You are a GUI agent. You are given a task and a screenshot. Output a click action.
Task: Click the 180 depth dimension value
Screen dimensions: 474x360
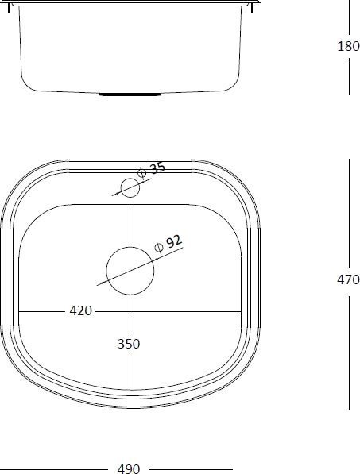pyautogui.click(x=348, y=46)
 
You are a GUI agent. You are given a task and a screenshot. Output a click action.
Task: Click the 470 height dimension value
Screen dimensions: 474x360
pyautogui.click(x=348, y=279)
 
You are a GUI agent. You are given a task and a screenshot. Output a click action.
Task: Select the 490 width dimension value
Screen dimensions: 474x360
pyautogui.click(x=129, y=468)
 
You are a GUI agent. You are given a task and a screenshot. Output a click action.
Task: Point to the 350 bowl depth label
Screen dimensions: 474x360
pyautogui.click(x=129, y=344)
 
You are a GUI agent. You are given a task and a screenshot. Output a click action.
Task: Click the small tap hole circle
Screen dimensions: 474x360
pyautogui.click(x=129, y=187)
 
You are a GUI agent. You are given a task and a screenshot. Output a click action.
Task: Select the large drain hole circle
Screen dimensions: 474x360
pyautogui.click(x=129, y=270)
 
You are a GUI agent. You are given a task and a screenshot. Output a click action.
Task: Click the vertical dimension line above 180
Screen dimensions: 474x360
pyautogui.click(x=349, y=16)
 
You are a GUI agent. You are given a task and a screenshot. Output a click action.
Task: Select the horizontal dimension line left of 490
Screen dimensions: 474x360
pyautogui.click(x=56, y=468)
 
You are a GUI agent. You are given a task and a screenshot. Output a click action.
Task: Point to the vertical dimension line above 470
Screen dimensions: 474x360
pyautogui.click(x=349, y=214)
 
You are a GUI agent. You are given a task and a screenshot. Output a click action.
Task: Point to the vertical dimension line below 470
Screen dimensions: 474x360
pyautogui.click(x=349, y=349)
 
